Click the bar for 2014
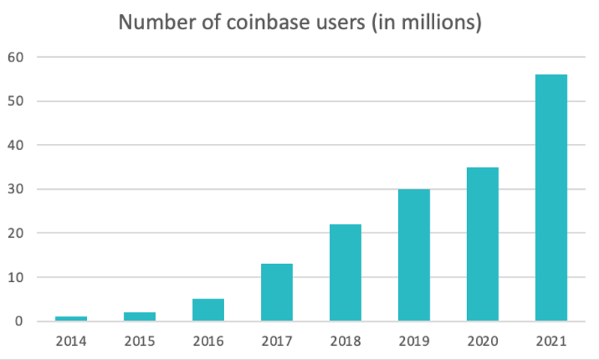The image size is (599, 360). click(x=71, y=319)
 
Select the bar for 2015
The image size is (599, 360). click(x=139, y=316)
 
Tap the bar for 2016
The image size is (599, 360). click(x=208, y=310)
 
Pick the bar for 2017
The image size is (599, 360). click(x=277, y=292)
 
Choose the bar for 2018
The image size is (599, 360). click(x=345, y=273)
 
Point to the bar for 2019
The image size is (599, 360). click(x=414, y=255)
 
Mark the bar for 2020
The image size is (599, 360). click(x=482, y=244)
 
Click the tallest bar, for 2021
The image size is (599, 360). click(x=551, y=198)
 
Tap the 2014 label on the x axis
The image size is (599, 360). click(x=71, y=341)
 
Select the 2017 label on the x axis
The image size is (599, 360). click(x=277, y=341)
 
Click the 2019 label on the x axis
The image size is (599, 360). click(x=414, y=341)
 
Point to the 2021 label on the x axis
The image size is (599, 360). click(x=551, y=341)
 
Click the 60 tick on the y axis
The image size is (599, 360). click(x=17, y=57)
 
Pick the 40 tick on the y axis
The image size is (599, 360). click(x=17, y=145)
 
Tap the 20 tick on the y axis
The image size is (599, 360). click(x=17, y=233)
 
